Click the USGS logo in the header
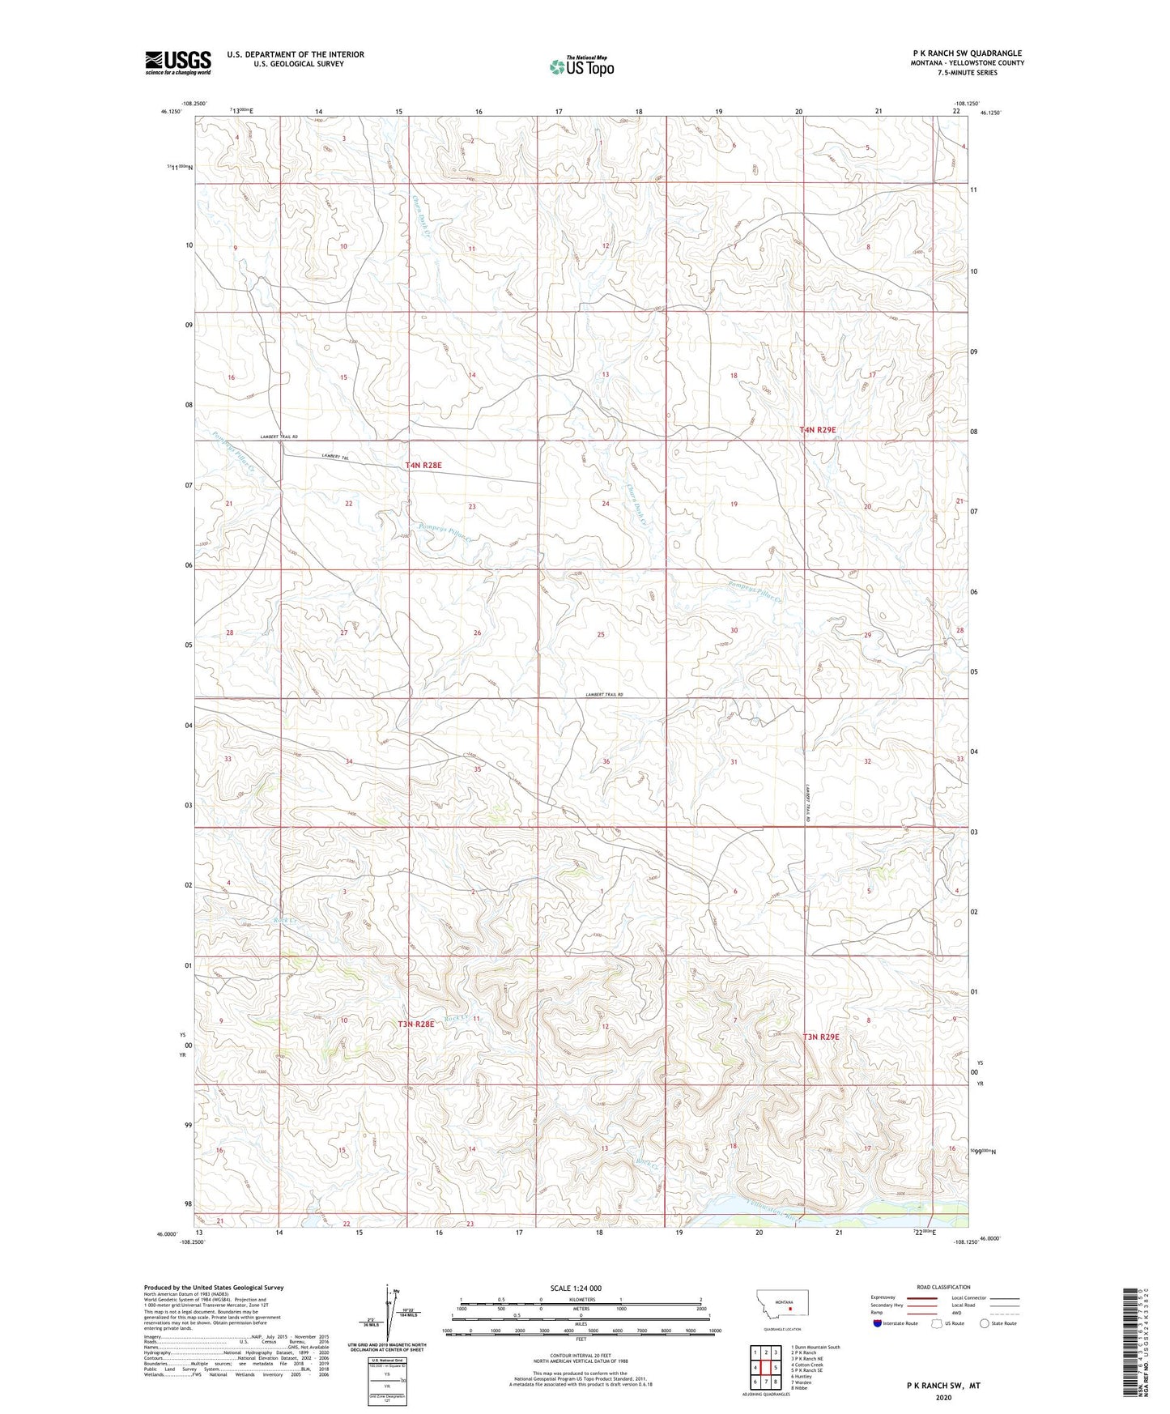click(x=178, y=62)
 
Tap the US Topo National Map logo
click(x=581, y=66)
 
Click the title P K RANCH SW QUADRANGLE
click(x=967, y=53)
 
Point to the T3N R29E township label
click(x=821, y=1037)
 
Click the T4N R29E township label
click(x=818, y=431)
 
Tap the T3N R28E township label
click(x=416, y=1024)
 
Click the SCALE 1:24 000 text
click(x=576, y=1288)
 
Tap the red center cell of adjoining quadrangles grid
click(x=765, y=1368)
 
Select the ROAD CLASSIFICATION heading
click(x=943, y=1287)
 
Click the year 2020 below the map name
click(x=943, y=1397)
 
